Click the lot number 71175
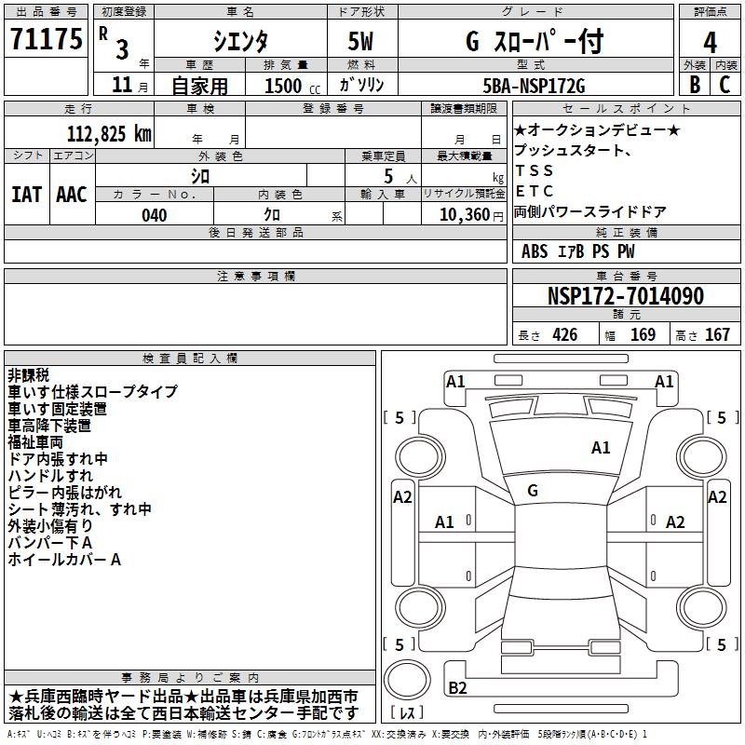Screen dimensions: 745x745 point(46,40)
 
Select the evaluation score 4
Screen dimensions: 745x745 point(711,42)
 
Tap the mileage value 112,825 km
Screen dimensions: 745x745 point(109,133)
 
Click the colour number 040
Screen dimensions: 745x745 point(154,215)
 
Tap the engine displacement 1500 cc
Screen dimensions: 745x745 point(284,86)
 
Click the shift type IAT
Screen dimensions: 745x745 point(27,195)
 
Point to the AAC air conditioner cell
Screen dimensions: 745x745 point(72,195)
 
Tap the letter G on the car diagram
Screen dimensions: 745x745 point(533,491)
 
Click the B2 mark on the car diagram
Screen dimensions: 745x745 point(457,688)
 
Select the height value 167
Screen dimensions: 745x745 point(717,335)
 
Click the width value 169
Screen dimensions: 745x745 point(643,335)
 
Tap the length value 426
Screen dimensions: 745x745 point(564,335)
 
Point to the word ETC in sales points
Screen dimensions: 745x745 point(535,191)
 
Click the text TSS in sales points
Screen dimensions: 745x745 point(535,170)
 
